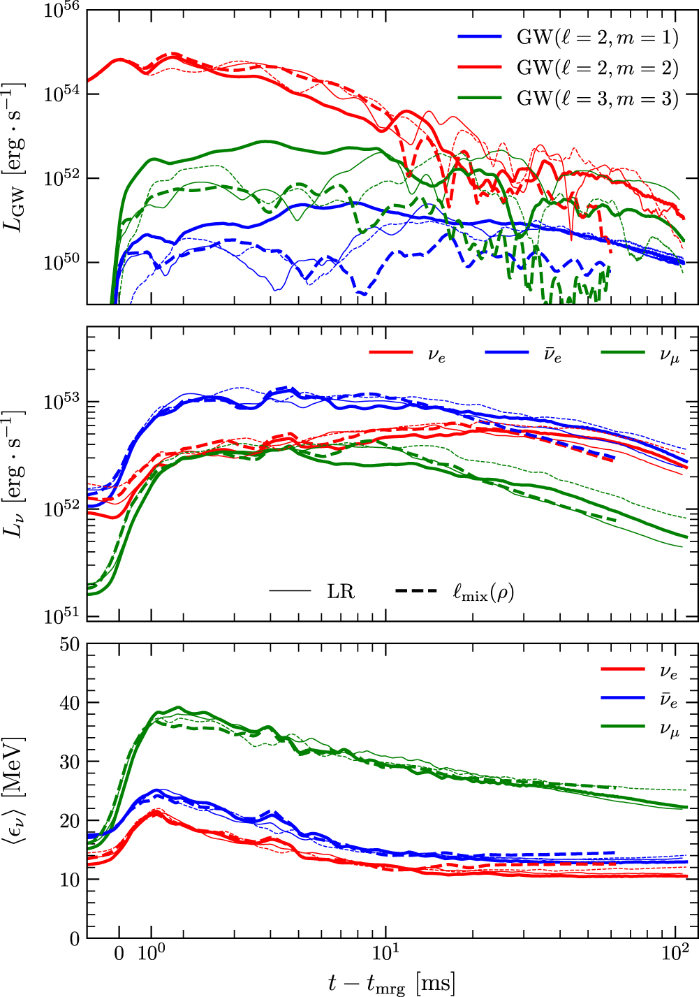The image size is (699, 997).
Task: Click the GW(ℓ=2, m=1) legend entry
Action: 597,37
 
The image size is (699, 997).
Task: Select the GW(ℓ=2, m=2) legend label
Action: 597,68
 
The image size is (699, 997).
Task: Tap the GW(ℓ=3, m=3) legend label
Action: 597,99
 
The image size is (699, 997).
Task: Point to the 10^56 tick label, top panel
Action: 61,11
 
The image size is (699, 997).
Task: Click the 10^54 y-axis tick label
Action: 61,94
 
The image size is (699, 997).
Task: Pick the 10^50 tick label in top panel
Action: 61,263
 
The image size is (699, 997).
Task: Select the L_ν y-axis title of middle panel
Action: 15,474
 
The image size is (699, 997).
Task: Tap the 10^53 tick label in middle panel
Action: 61,402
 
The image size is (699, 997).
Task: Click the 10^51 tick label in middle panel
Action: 61,617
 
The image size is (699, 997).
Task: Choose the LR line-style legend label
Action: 341,592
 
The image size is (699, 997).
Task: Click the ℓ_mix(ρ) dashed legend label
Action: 483,592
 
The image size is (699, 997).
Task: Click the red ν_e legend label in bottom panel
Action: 669,671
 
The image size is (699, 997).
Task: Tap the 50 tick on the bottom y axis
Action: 70,644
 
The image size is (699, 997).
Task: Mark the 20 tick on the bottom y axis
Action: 70,821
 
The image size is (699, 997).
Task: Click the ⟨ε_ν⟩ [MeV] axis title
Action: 15,790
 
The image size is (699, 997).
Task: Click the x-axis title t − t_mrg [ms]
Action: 391,983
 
